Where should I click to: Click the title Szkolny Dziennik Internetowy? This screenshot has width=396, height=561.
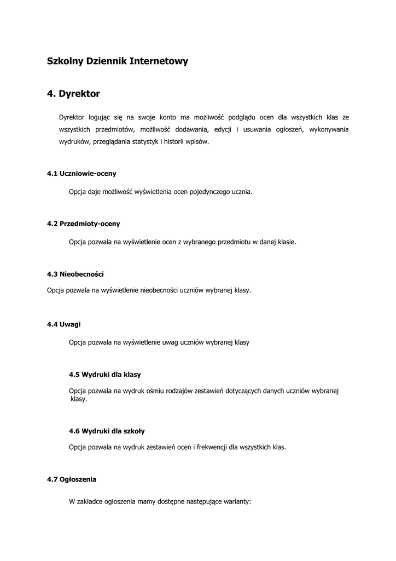118,61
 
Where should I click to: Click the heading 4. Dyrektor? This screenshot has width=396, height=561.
73,94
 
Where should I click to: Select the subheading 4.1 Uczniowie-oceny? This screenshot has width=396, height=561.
81,173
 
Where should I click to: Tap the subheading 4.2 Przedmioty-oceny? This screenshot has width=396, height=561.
83,224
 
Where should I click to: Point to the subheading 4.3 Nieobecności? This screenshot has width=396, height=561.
75,273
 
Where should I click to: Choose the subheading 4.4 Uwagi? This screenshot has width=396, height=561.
63,324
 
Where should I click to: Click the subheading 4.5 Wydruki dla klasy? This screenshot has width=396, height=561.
104,374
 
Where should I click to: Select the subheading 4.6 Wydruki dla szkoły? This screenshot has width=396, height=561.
107,431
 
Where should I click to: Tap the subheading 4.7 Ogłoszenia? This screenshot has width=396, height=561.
72,479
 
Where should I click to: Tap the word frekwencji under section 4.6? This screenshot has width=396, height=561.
211,447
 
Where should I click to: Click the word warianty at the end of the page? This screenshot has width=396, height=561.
236,501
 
